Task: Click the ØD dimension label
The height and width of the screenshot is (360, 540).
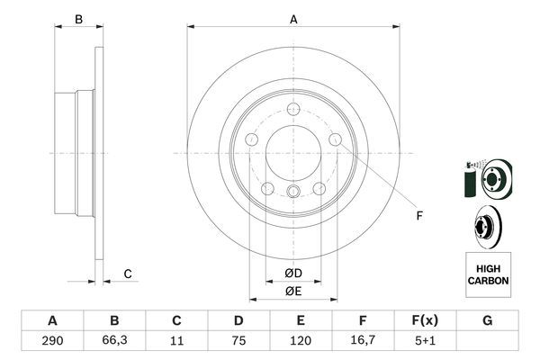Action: tap(292, 273)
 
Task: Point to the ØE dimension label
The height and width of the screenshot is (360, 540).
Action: tap(292, 290)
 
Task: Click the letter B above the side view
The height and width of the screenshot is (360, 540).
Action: tap(78, 20)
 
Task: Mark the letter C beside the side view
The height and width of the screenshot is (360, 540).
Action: tap(128, 274)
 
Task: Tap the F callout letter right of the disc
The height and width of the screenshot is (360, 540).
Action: tap(418, 215)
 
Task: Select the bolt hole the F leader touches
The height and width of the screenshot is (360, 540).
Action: tap(335, 139)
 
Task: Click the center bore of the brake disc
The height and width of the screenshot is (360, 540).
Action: tap(293, 152)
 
